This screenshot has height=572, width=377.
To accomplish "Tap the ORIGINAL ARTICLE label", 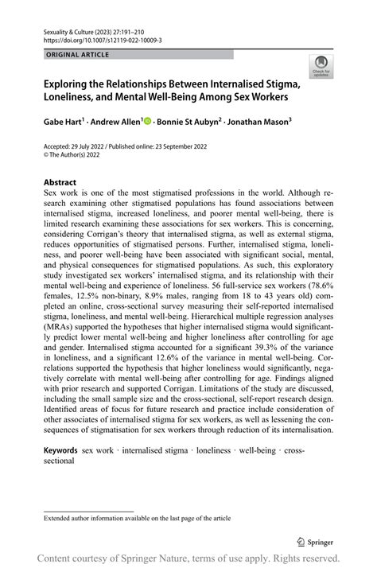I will (x=78, y=55).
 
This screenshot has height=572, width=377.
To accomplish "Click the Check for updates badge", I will (x=322, y=64).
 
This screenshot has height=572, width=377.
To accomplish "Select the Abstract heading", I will (x=60, y=181).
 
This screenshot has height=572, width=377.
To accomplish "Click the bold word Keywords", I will (x=60, y=449).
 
